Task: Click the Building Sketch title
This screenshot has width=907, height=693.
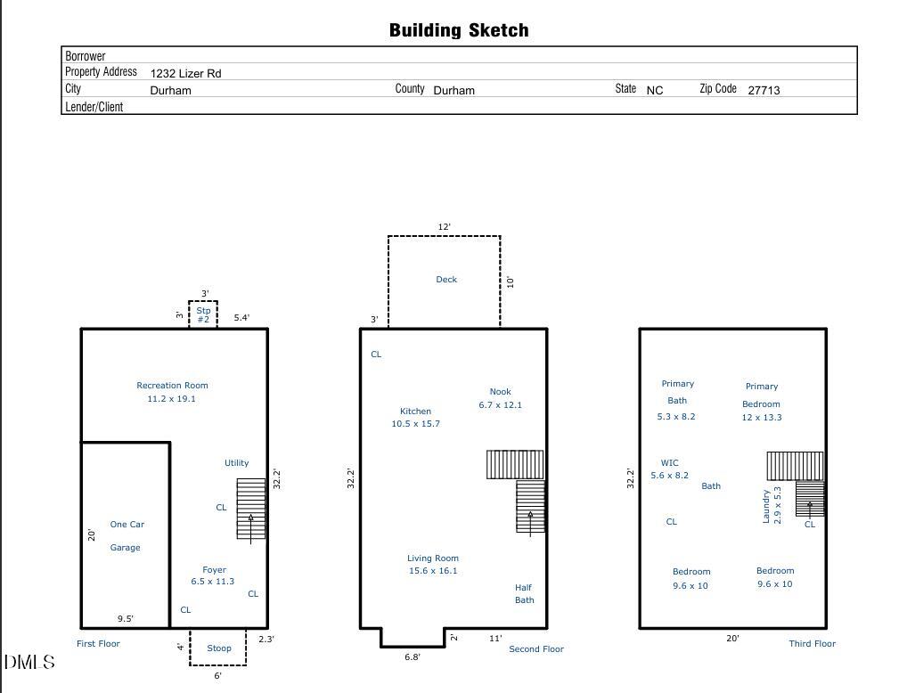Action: (459, 30)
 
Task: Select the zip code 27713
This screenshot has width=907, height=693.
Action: (764, 90)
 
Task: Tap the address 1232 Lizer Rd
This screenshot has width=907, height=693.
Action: (185, 73)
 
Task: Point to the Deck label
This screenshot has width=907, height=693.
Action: (446, 280)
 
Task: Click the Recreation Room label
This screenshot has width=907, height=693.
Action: (172, 386)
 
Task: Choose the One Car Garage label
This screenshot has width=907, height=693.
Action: (127, 535)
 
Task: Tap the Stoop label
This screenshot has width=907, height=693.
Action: (218, 648)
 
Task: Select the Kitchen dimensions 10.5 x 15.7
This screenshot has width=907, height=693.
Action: (415, 423)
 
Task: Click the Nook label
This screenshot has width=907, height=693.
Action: (501, 392)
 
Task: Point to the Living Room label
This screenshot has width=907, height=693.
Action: (433, 558)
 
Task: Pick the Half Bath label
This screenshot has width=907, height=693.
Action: (524, 594)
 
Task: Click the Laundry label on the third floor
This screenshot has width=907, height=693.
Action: (766, 507)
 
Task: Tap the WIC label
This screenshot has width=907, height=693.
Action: (669, 463)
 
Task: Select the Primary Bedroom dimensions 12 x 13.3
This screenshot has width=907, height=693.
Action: (761, 418)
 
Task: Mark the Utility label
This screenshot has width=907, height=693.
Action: (237, 463)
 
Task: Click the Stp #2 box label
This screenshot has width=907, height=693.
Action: (203, 314)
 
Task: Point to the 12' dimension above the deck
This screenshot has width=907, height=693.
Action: (444, 227)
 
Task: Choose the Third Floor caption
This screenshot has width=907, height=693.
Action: (813, 643)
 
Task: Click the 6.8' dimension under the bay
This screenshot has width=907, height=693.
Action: (413, 657)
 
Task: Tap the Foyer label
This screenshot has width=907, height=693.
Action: (214, 570)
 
